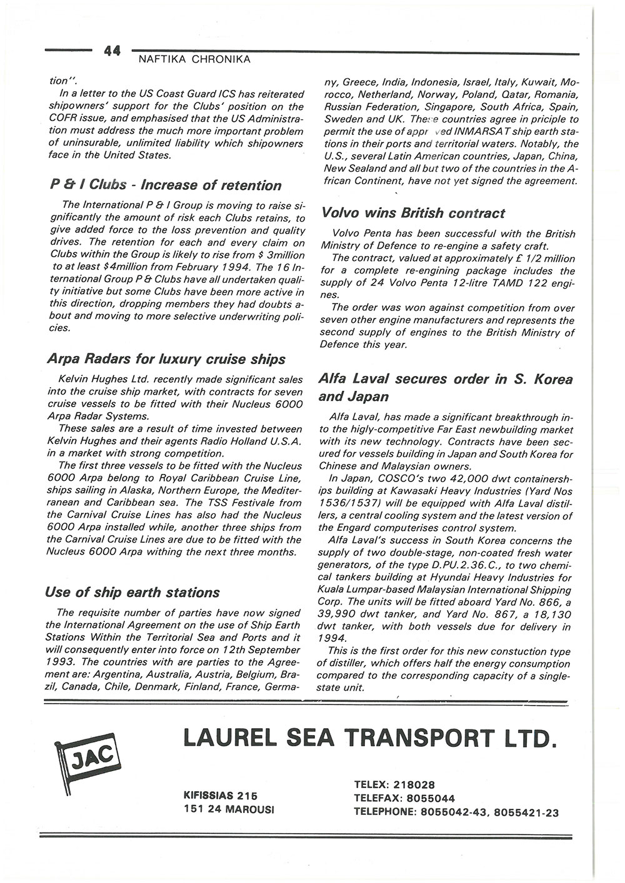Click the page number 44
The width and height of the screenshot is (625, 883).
point(112,52)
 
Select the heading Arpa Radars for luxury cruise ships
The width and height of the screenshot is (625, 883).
point(166,359)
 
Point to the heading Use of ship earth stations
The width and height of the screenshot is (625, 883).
point(132,592)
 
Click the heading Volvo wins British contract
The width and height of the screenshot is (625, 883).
point(412,213)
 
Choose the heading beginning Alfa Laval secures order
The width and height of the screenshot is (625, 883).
point(445,388)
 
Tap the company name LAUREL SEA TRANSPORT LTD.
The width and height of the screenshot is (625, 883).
point(369,738)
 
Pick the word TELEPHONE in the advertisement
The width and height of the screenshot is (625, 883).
point(382,812)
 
